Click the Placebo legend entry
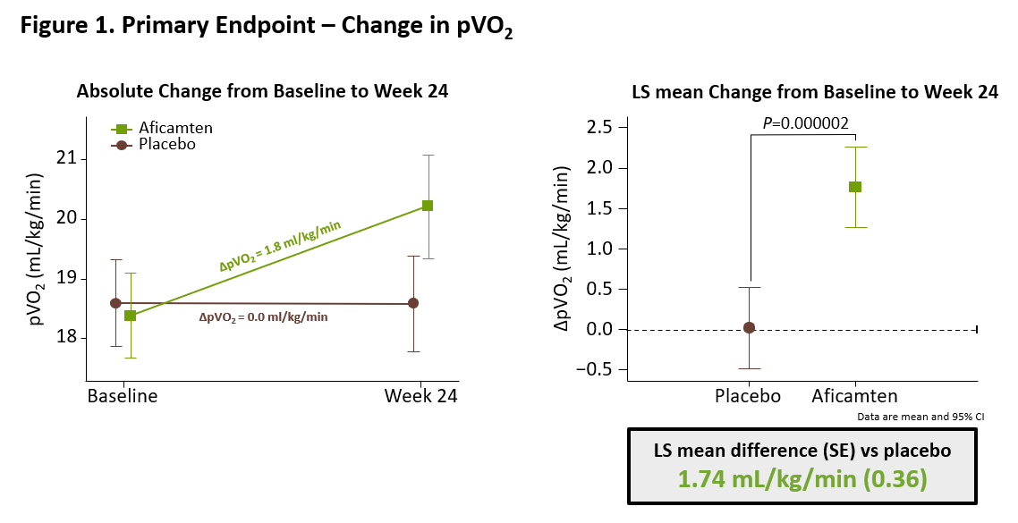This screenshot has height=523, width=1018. tap(153, 144)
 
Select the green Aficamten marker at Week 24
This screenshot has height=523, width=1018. tap(428, 206)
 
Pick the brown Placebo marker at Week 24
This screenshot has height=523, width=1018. tap(412, 303)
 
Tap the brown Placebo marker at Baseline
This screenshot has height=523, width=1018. tap(115, 303)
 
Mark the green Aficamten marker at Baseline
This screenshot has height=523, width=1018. tap(131, 316)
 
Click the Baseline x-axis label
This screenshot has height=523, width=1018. tap(122, 396)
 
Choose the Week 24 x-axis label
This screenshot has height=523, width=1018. tap(420, 396)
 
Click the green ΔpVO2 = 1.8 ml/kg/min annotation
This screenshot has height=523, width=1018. tap(280, 246)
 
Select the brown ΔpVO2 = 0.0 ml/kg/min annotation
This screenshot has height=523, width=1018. tap(263, 317)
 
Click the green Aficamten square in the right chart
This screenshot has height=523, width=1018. tap(855, 187)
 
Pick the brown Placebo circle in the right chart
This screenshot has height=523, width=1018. tap(750, 328)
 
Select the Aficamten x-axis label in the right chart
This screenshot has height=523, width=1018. tap(854, 396)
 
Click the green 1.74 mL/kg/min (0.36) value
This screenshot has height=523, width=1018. tap(802, 479)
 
